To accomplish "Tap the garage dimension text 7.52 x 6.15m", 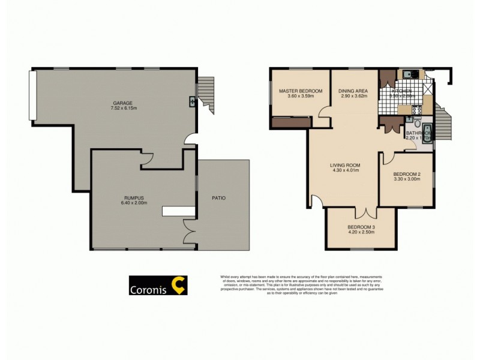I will click(x=124, y=109).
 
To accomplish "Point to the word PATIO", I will click(x=218, y=197).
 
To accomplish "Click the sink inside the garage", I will click(x=192, y=101).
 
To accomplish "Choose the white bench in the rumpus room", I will click(x=178, y=211).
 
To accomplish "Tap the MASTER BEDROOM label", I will click(x=301, y=91).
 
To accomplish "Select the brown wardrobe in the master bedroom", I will click(x=292, y=122).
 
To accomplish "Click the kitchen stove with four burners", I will click(x=386, y=110).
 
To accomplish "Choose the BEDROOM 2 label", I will click(x=407, y=173).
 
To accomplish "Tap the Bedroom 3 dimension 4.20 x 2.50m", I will click(x=361, y=233).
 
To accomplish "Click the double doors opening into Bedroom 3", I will click(x=366, y=212).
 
